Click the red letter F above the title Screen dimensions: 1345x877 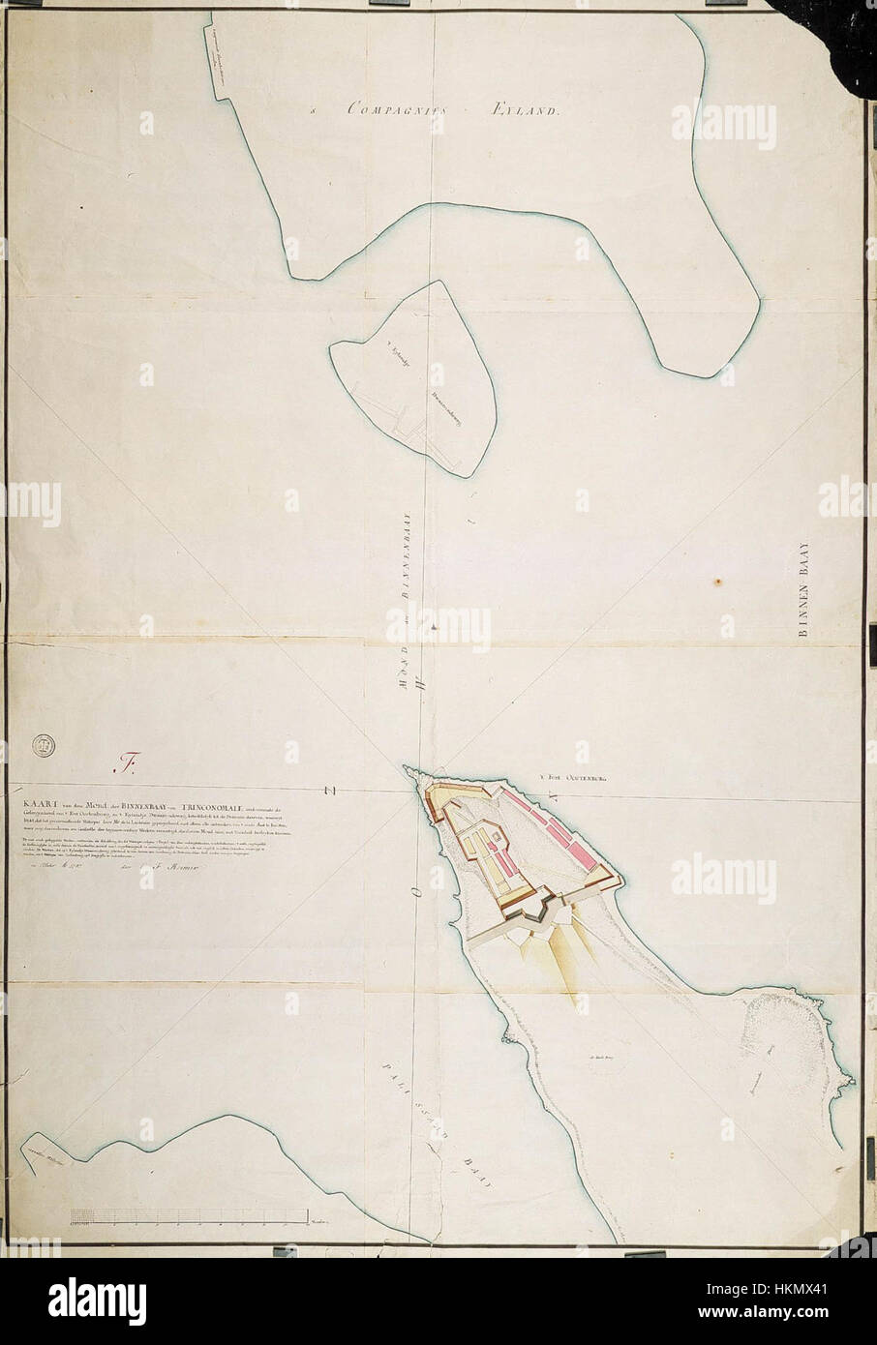point(123,763)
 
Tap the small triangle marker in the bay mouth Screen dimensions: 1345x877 point(434,629)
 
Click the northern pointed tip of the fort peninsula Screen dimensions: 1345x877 point(408,769)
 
